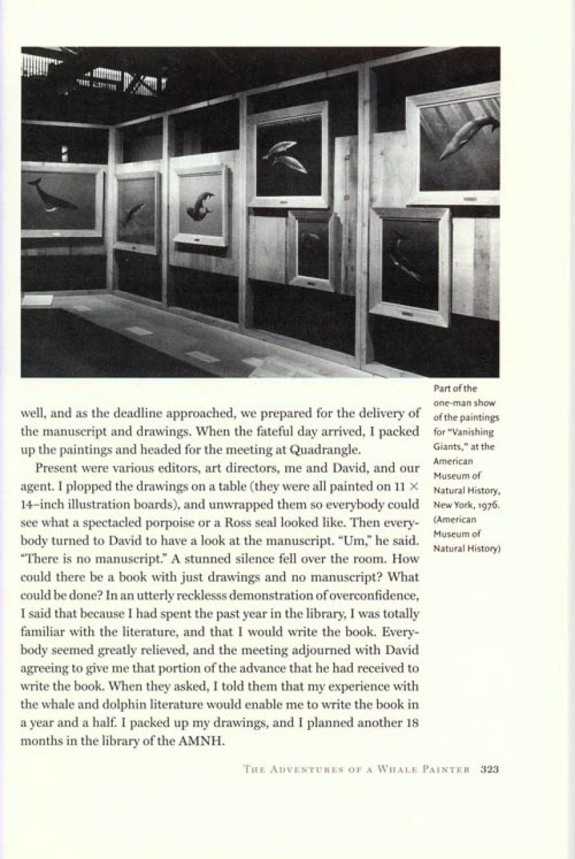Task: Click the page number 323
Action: point(490,769)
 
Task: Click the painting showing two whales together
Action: point(287,156)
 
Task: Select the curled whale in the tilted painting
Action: point(200,205)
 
